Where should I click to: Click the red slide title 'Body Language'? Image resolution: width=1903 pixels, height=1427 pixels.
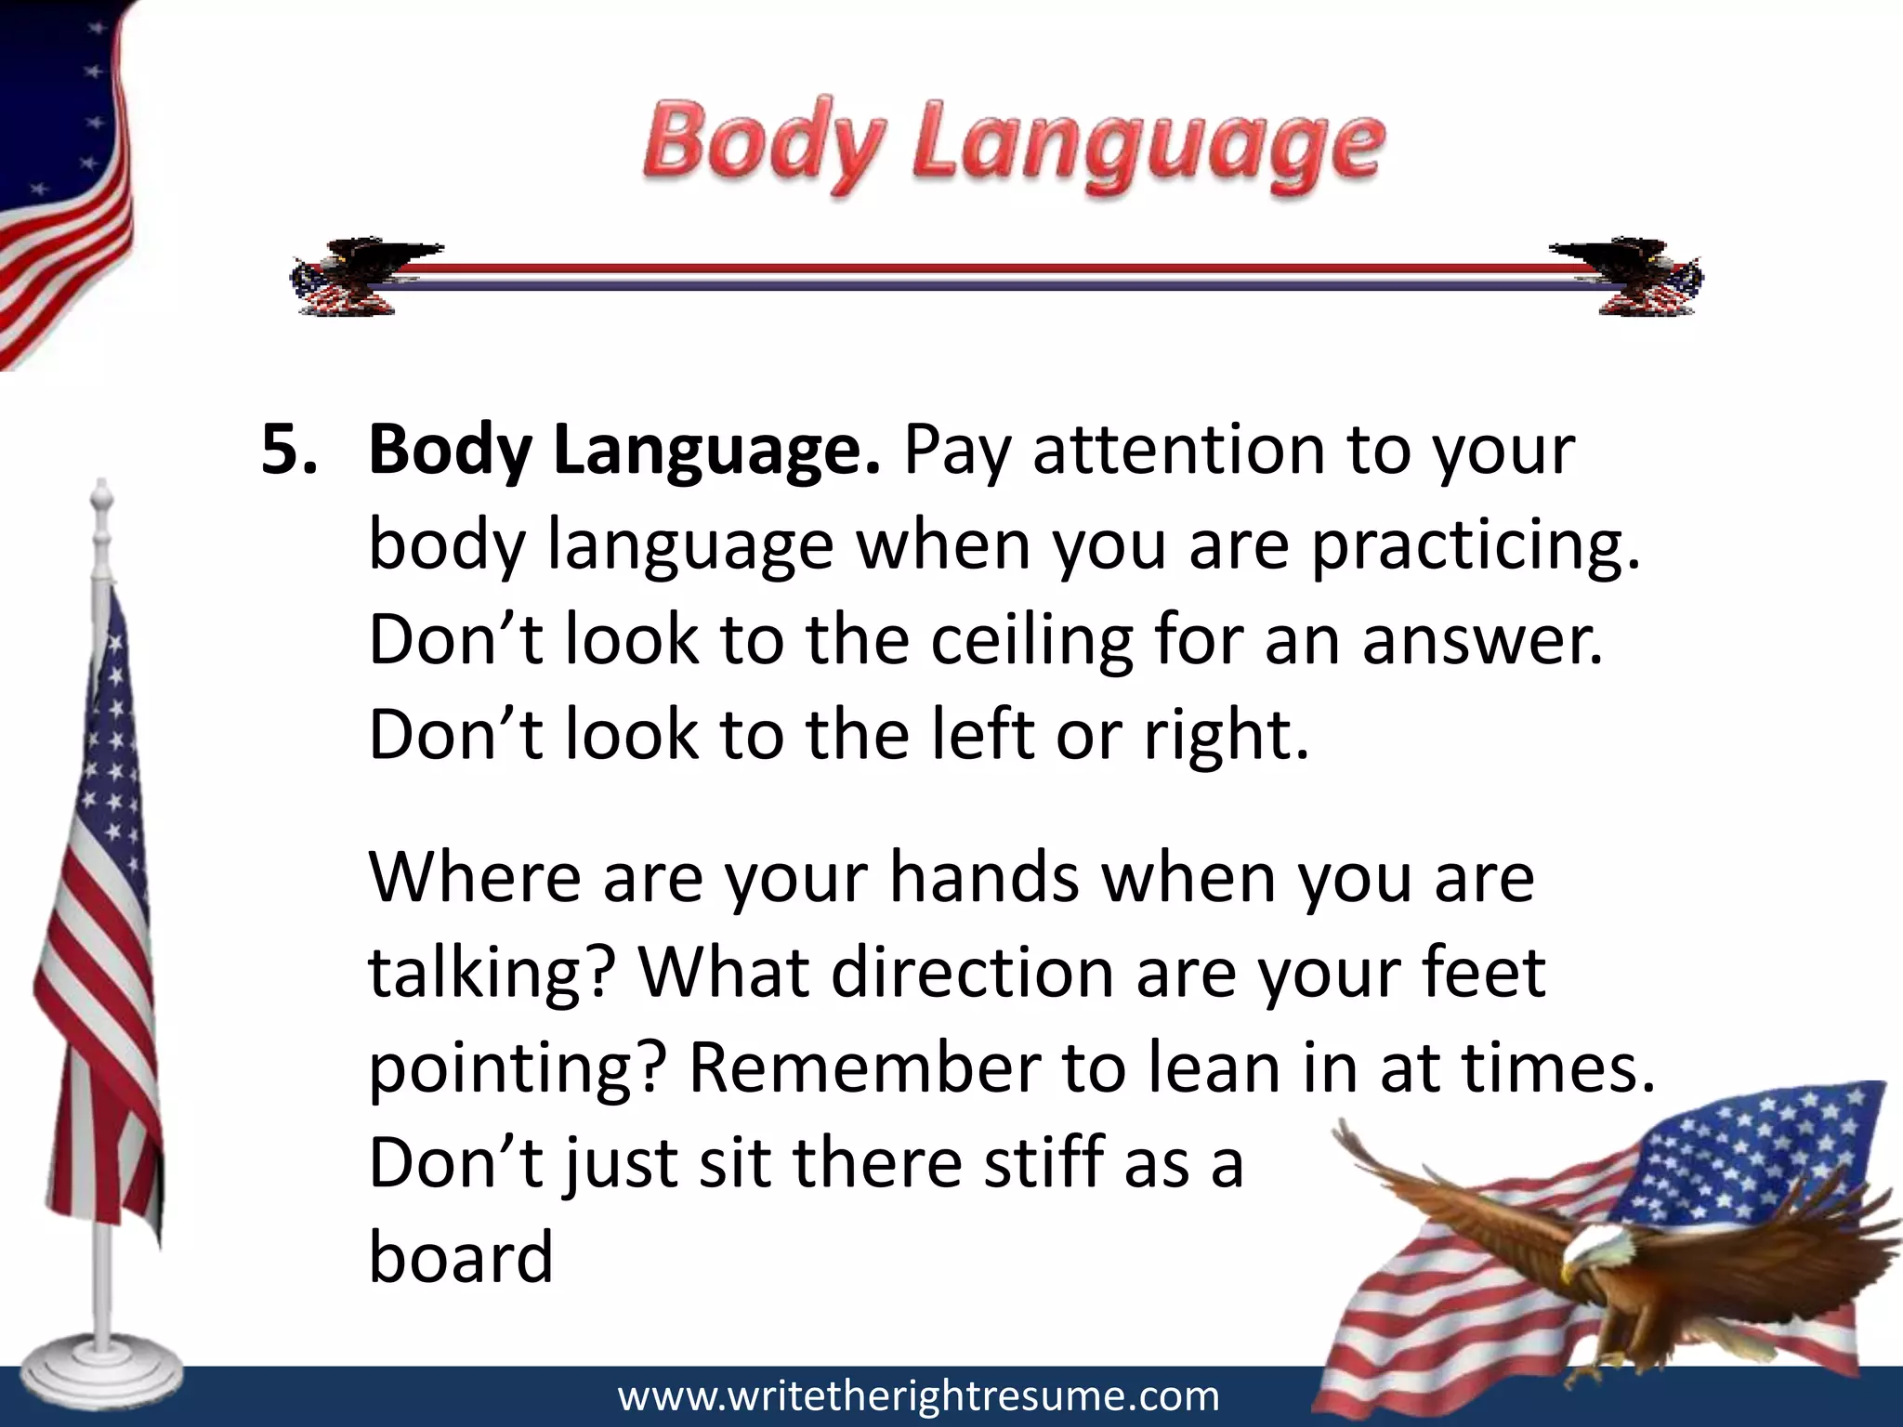coord(1013,149)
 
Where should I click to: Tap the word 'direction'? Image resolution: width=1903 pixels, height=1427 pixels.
coord(972,974)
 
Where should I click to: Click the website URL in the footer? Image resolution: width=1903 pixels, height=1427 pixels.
coord(918,1396)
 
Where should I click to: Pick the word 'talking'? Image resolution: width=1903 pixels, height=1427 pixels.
coord(492,974)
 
